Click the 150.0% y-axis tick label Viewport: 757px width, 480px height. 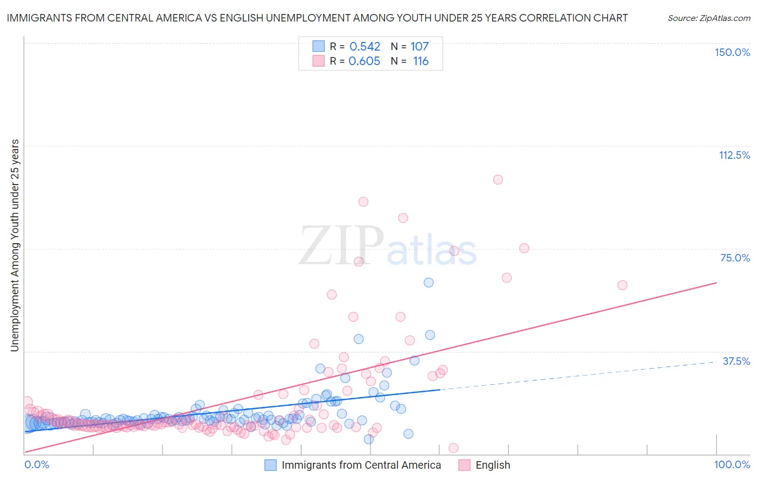click(x=732, y=52)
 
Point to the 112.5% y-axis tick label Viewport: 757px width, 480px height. click(x=734, y=155)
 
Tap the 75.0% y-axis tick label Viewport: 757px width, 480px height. click(x=735, y=258)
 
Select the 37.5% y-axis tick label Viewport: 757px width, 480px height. click(x=736, y=361)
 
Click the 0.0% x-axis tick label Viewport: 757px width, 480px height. click(x=37, y=464)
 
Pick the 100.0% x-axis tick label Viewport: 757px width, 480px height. click(x=732, y=464)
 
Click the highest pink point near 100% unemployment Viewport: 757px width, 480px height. click(x=498, y=180)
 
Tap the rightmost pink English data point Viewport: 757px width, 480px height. click(x=622, y=285)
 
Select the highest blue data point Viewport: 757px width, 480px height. click(x=429, y=283)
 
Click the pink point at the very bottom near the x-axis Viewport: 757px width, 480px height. click(x=453, y=448)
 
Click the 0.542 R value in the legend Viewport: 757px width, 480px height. click(x=365, y=46)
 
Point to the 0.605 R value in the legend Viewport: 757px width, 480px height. click(x=365, y=61)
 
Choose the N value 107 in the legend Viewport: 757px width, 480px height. click(x=419, y=46)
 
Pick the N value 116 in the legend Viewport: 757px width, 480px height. click(x=420, y=61)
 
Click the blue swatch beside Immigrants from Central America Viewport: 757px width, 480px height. click(x=270, y=465)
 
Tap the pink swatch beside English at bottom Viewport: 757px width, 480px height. click(x=464, y=465)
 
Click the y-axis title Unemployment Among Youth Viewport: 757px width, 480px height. click(x=15, y=245)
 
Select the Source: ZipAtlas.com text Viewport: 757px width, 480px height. click(x=709, y=18)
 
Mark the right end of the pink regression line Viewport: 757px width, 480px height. click(x=717, y=283)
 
